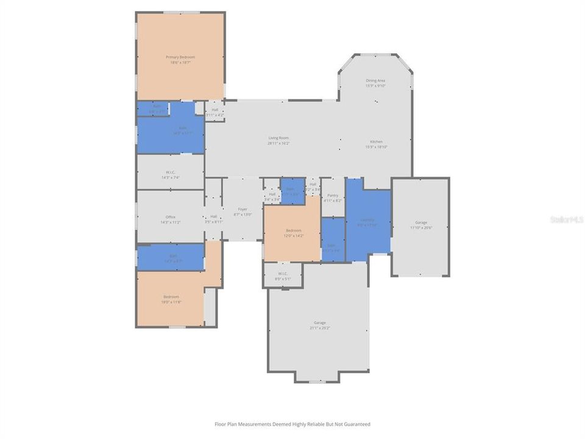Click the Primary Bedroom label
click(x=180, y=57)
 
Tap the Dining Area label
click(x=375, y=80)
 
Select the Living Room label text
click(x=278, y=138)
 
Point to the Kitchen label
click(x=376, y=141)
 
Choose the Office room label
click(x=171, y=217)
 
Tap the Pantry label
click(x=333, y=195)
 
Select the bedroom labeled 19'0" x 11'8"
click(x=171, y=299)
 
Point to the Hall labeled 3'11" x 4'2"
click(x=214, y=112)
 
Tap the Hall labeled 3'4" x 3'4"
click(x=272, y=196)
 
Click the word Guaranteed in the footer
click(x=356, y=424)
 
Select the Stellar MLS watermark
click(x=566, y=219)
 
